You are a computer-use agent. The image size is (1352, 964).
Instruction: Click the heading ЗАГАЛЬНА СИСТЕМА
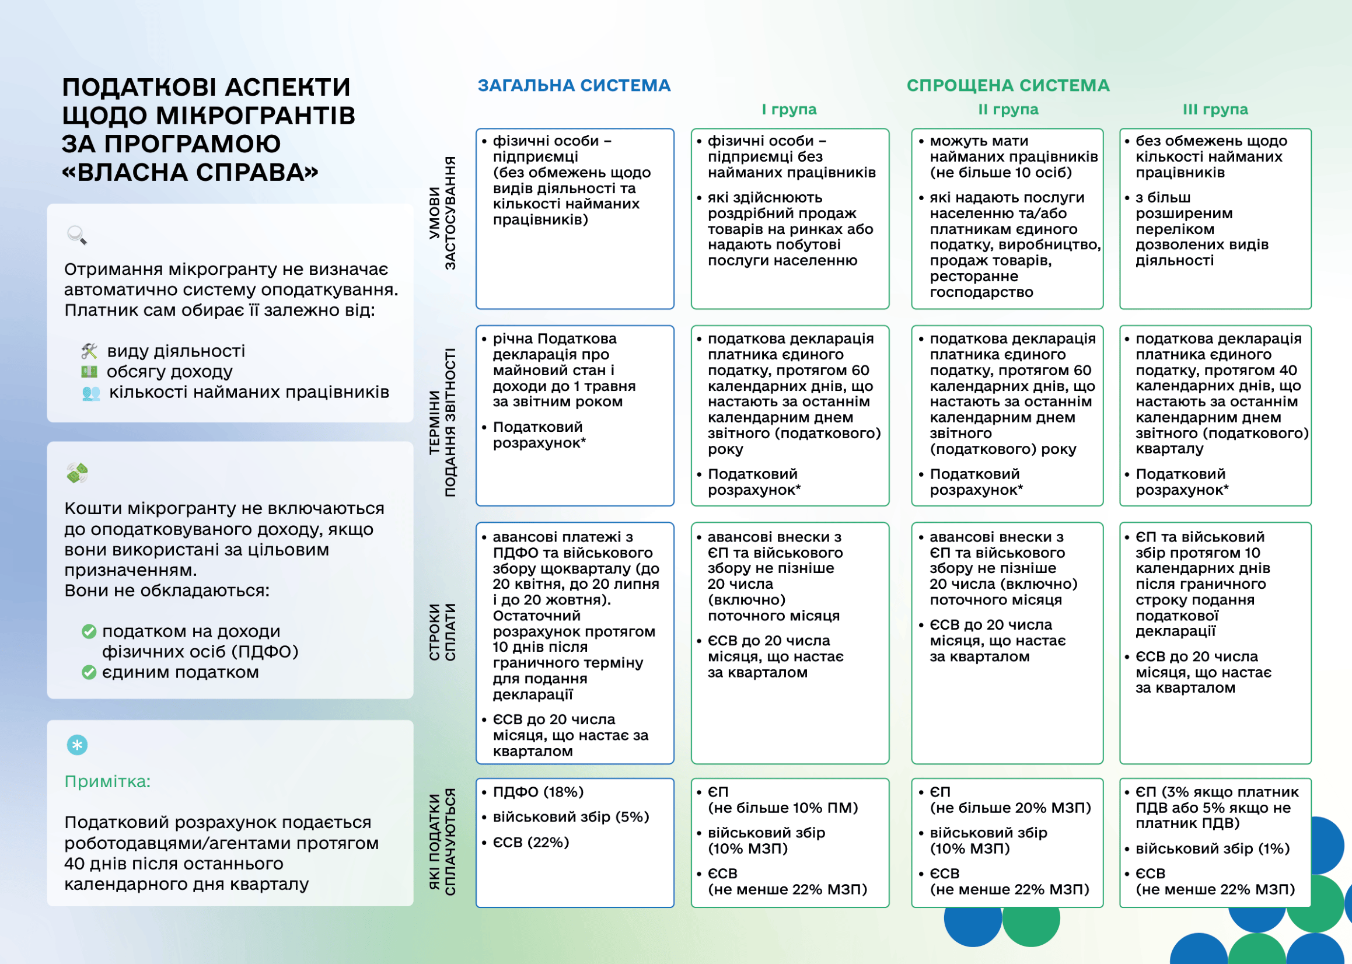574,85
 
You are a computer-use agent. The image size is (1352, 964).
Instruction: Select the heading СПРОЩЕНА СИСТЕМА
1008,85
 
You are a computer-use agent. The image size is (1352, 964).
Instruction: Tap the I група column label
789,109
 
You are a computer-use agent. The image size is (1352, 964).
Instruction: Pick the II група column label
1008,109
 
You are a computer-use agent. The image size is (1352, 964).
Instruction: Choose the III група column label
1215,109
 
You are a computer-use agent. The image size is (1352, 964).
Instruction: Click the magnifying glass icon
77,235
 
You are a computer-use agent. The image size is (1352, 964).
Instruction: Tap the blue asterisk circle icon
77,745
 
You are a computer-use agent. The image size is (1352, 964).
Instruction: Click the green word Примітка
107,782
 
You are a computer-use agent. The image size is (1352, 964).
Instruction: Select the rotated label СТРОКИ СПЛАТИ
442,631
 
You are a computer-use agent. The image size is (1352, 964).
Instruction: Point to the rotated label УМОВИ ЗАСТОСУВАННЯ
442,213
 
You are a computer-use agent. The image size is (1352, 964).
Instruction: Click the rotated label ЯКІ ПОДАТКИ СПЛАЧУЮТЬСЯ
442,841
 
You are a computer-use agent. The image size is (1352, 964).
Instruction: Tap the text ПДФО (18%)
538,792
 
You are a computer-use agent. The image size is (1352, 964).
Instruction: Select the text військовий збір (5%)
570,817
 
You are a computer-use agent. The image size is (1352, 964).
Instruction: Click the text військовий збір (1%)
1212,848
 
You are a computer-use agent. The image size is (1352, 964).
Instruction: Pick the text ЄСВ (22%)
530,842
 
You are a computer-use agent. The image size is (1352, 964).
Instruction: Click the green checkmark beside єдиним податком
89,673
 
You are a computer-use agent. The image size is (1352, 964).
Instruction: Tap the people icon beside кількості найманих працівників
91,393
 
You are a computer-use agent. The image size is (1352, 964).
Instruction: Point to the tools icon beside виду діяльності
89,351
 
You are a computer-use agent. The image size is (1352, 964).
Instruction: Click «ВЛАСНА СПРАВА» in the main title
190,172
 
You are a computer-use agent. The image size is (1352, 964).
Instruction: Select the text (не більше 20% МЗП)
1010,808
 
